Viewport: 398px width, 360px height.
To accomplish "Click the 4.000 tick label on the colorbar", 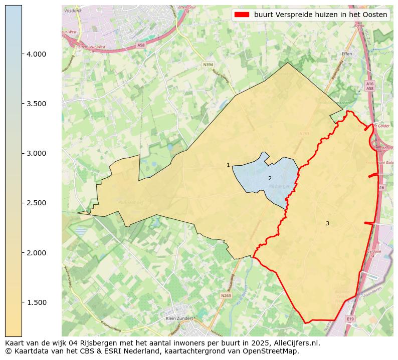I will [x=36, y=54].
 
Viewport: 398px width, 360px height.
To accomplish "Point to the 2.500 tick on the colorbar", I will [x=36, y=203].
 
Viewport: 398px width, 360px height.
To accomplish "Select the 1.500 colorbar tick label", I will [x=36, y=302].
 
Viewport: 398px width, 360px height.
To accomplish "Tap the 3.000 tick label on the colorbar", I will [x=36, y=153].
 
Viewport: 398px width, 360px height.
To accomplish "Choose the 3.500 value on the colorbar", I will [x=36, y=104].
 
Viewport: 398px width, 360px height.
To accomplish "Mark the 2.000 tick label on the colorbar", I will [x=36, y=253].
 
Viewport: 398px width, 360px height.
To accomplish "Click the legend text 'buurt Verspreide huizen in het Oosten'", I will [x=320, y=15].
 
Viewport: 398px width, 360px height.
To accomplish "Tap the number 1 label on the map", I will [x=228, y=165].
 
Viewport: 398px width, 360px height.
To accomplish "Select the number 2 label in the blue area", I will [x=270, y=178].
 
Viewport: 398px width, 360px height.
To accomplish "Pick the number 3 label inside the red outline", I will [x=327, y=223].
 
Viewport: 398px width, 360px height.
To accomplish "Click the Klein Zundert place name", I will [x=179, y=318].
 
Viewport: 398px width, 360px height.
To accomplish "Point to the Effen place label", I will [x=347, y=53].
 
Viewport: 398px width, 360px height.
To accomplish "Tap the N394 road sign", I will [x=208, y=65].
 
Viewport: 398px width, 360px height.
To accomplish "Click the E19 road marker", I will [x=350, y=319].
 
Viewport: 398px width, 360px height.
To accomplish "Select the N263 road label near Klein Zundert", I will [x=226, y=296].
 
